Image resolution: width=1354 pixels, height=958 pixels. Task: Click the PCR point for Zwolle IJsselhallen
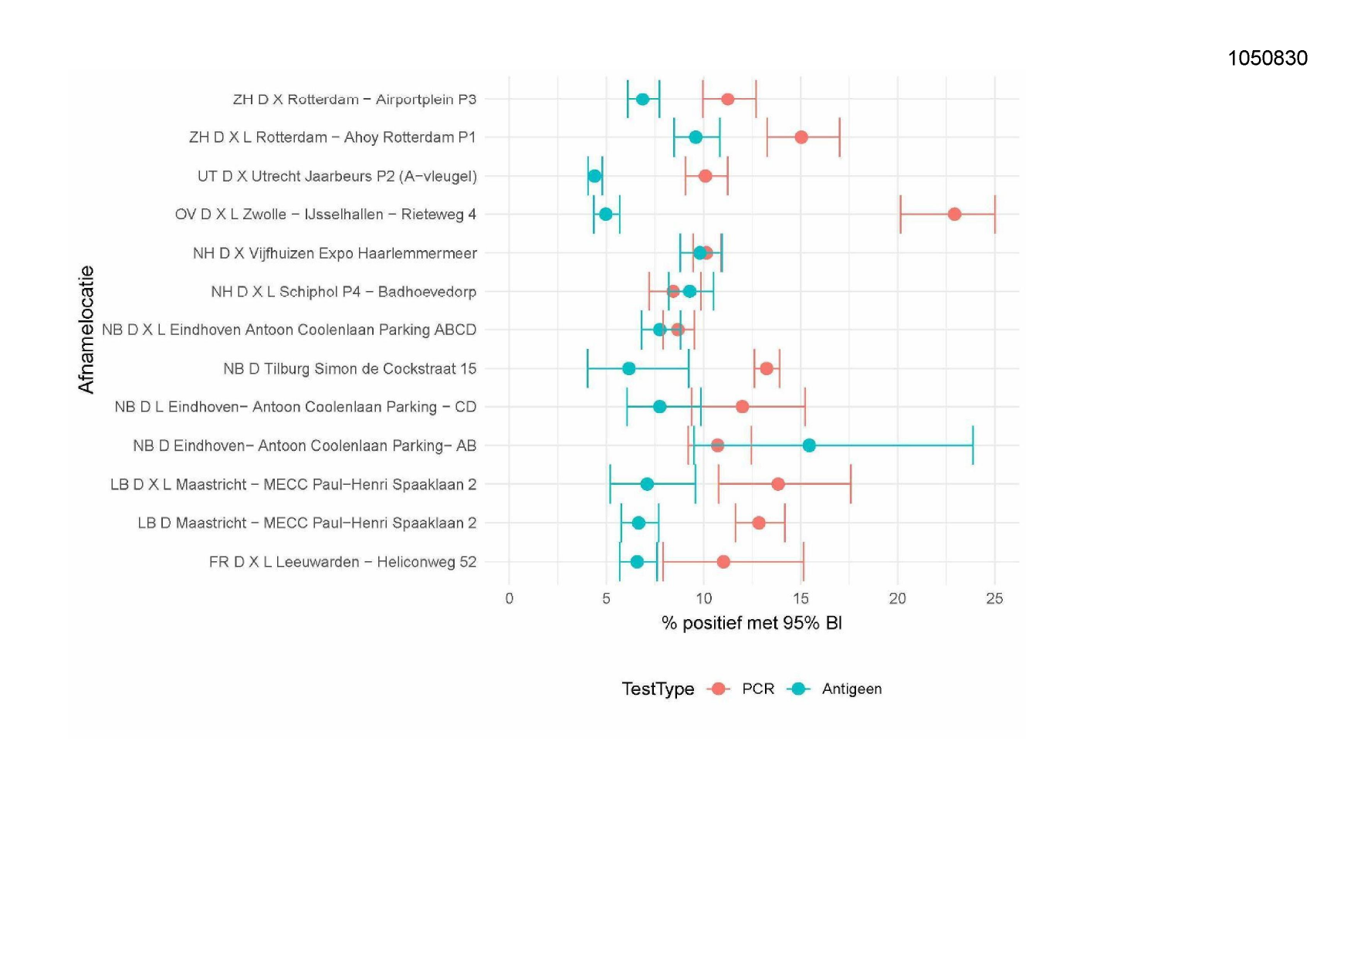tap(954, 214)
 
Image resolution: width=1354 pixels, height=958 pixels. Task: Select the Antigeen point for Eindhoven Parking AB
tap(809, 445)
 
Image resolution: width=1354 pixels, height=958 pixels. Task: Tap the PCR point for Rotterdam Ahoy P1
tap(801, 137)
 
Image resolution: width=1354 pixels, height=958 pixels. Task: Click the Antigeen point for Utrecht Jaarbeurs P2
tap(594, 176)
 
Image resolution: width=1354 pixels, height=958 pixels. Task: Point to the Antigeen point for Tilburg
tap(629, 368)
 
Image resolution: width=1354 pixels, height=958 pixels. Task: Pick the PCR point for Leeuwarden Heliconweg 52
tap(723, 561)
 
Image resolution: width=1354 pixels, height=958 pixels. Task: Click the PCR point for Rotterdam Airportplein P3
tap(727, 99)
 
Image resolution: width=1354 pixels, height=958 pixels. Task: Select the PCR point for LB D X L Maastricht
tap(778, 484)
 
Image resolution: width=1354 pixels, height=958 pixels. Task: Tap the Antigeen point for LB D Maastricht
tap(638, 523)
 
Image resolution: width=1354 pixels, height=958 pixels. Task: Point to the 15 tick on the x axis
tap(801, 598)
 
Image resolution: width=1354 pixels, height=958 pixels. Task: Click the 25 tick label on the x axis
tap(994, 598)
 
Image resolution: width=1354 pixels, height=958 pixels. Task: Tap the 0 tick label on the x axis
tap(509, 598)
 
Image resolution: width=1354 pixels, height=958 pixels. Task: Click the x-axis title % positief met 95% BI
tap(751, 623)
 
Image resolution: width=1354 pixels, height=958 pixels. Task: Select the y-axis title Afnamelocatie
tap(86, 330)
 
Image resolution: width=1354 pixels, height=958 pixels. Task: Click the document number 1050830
tap(1268, 58)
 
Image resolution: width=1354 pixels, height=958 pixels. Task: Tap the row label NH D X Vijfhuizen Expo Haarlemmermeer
tap(335, 253)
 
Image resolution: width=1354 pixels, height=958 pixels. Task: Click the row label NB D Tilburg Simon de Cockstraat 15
tap(350, 368)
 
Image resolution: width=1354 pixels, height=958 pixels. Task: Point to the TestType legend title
tap(658, 689)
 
